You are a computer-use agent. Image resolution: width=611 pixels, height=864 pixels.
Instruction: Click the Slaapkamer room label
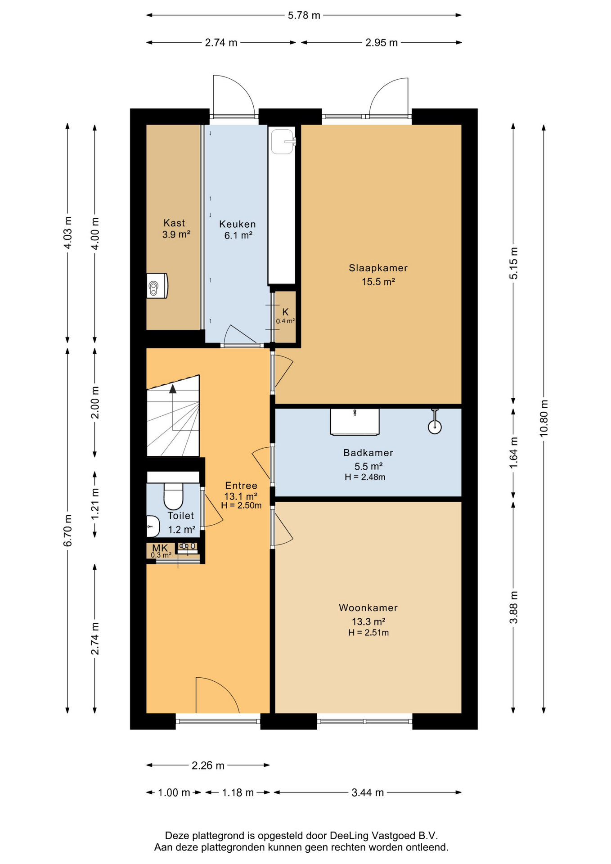click(x=378, y=268)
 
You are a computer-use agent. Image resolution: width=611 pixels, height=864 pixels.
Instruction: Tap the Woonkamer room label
click(x=368, y=607)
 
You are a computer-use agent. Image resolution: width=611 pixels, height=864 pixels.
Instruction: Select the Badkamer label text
click(x=368, y=453)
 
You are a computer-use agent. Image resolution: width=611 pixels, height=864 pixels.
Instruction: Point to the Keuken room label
click(x=237, y=224)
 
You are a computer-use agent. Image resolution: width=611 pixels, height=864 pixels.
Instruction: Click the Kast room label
click(x=174, y=223)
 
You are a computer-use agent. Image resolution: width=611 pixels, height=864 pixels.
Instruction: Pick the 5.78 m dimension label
click(x=304, y=15)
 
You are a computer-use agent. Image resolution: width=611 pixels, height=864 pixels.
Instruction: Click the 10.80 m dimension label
click(x=544, y=418)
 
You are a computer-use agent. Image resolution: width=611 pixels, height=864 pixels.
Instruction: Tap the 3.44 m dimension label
click(x=368, y=792)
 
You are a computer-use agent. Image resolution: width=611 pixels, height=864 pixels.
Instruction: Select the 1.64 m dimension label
click(x=513, y=453)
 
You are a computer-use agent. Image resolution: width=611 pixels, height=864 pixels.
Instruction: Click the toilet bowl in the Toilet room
click(x=173, y=495)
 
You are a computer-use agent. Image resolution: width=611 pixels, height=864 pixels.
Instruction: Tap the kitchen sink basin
click(x=283, y=142)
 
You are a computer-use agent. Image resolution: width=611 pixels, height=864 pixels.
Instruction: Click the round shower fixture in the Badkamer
click(x=435, y=427)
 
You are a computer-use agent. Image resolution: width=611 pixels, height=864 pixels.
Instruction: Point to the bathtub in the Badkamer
click(x=355, y=422)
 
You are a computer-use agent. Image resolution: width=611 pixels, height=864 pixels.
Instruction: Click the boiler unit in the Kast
click(x=157, y=286)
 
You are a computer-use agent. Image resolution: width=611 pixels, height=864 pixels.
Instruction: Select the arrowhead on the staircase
click(x=173, y=389)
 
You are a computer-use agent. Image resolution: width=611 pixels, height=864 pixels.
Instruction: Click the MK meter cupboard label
click(x=160, y=548)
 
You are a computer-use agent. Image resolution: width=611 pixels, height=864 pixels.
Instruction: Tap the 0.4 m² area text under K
click(x=285, y=321)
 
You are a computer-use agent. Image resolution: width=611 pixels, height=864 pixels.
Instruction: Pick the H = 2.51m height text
click(x=368, y=633)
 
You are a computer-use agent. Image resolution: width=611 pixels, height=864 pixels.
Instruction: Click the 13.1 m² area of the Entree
click(x=241, y=496)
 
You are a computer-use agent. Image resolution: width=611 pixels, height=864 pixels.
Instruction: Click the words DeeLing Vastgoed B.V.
click(x=384, y=836)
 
